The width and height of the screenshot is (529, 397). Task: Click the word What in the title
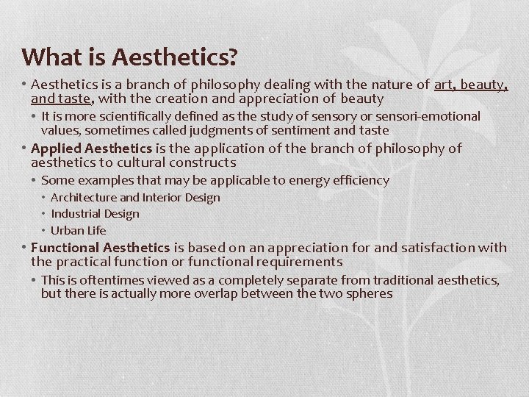click(46, 57)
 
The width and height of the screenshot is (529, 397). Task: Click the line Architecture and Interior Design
click(135, 197)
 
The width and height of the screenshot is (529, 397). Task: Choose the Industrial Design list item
click(95, 213)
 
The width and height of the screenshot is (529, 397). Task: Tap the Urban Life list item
click(79, 230)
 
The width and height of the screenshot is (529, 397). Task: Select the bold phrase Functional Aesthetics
click(101, 248)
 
